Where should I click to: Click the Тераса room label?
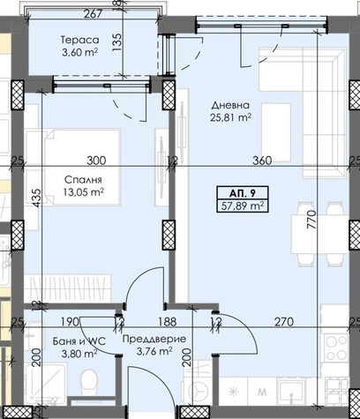tap(79, 40)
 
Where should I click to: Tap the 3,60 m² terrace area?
tap(79, 52)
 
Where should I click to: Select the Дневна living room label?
tap(230, 105)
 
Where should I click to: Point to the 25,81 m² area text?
tap(230, 117)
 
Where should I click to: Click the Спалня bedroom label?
tap(83, 179)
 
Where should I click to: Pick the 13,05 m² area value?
tap(83, 192)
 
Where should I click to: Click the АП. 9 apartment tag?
tap(243, 193)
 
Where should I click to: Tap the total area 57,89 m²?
tap(243, 206)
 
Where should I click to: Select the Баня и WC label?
tap(79, 341)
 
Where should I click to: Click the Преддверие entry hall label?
tap(154, 339)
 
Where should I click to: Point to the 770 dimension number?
tap(311, 220)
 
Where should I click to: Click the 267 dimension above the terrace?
tap(93, 14)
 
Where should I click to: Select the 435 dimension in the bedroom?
tap(37, 198)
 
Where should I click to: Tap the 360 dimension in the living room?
tap(262, 161)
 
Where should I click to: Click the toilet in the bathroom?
tap(88, 381)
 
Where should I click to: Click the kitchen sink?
tap(291, 392)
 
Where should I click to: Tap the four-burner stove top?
tap(336, 348)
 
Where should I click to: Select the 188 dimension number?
tap(167, 322)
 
